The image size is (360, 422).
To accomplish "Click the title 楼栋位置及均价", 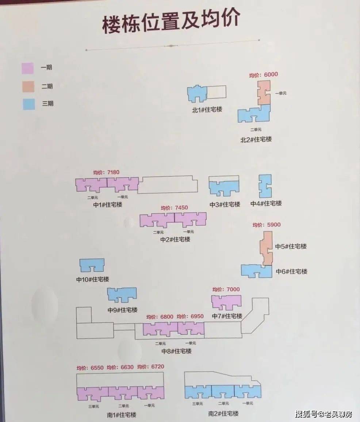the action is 171,21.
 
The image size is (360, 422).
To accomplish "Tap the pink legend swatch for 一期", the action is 27,68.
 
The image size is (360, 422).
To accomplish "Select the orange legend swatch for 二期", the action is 28,87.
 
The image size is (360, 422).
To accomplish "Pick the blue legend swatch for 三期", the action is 29,104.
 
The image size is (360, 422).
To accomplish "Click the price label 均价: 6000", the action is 263,75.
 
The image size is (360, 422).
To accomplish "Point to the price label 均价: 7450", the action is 175,208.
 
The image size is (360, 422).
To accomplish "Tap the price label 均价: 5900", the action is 267,225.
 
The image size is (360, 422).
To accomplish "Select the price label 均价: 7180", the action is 106,172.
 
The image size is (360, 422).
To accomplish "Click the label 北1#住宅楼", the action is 207,109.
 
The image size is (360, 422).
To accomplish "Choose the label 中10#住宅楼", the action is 92,279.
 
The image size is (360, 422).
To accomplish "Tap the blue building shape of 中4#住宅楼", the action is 265,186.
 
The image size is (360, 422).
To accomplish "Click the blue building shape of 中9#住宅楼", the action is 122,295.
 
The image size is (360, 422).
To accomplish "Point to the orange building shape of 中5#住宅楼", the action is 266,248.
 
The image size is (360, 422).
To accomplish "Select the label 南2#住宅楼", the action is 223,413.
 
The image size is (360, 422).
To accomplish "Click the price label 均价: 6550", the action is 90,368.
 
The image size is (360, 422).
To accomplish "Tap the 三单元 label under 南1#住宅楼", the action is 93,406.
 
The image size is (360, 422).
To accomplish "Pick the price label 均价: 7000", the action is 226,289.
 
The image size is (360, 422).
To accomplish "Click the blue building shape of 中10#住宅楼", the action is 92,266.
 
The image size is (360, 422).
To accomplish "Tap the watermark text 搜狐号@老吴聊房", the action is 323,414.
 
